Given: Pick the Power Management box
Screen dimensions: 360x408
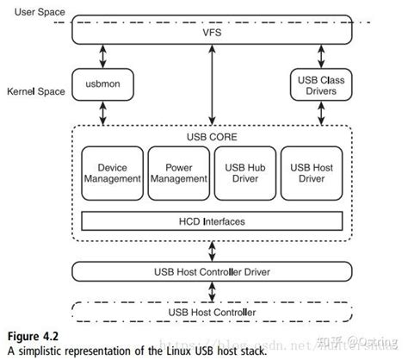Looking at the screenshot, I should (x=178, y=172).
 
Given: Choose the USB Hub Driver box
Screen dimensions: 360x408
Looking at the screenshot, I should (x=245, y=172).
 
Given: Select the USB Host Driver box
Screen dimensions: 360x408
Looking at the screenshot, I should (x=312, y=172).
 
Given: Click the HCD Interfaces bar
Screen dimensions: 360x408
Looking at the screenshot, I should (x=212, y=221).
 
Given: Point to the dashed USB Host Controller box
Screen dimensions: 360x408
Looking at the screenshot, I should (x=212, y=311).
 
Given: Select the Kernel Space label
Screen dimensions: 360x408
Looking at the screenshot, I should (x=35, y=90).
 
